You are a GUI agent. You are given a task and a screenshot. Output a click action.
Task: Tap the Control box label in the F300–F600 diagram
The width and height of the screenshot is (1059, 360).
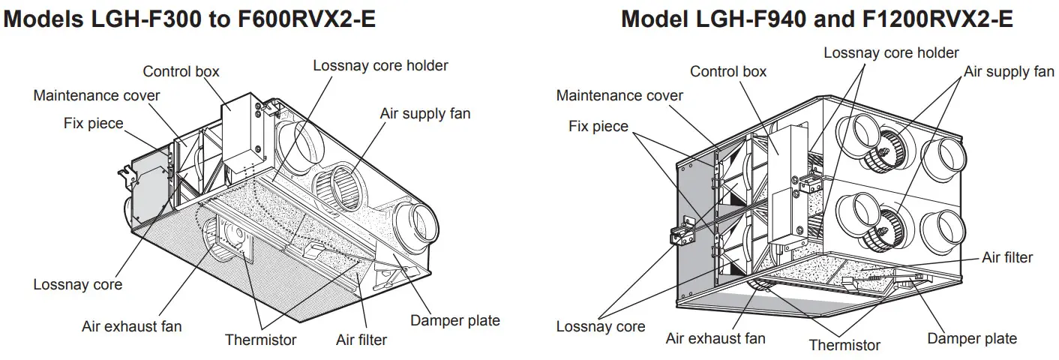[181, 72]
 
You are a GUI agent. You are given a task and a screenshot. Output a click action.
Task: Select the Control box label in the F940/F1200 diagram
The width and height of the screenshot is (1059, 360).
[728, 72]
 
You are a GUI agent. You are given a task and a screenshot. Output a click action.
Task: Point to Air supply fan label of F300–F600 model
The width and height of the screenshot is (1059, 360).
[425, 114]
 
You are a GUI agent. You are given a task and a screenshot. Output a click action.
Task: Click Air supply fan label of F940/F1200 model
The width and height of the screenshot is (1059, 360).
[1009, 72]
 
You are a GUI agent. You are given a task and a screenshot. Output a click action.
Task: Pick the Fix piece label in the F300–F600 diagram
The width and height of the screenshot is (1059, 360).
[93, 124]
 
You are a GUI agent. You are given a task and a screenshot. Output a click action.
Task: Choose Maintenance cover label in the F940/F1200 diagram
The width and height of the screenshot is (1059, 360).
[619, 96]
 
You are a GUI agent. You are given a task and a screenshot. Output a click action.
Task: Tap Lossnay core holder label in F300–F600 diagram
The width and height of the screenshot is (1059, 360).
[380, 66]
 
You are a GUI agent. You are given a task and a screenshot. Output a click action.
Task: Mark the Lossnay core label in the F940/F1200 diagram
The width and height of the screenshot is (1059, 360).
[600, 327]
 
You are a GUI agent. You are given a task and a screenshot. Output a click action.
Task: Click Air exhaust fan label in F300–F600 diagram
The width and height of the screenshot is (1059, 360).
[131, 327]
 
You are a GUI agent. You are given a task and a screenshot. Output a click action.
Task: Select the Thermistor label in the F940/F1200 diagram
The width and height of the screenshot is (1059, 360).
[844, 346]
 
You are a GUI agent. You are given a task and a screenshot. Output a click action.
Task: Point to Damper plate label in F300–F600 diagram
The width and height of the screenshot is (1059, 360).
[454, 321]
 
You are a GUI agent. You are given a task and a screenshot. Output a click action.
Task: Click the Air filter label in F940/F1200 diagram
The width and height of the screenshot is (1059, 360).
[1007, 258]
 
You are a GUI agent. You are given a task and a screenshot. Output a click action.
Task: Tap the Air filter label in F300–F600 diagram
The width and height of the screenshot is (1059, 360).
[361, 340]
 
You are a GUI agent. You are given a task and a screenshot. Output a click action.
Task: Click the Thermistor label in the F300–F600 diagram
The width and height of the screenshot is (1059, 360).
[260, 340]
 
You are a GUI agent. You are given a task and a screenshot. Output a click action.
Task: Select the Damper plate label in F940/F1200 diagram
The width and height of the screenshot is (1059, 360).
[972, 339]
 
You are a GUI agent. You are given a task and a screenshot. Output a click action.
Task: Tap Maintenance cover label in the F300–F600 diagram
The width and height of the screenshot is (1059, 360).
[97, 96]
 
